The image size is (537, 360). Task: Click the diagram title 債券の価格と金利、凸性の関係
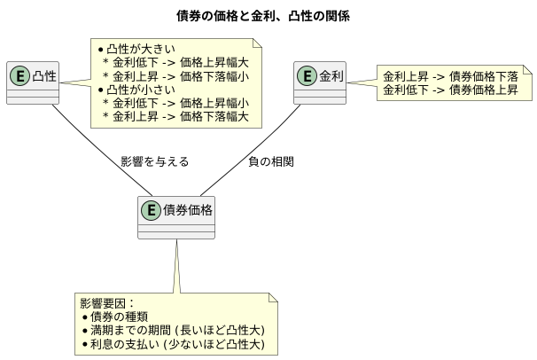pos(268,17)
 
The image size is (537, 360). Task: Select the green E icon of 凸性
pos(19,76)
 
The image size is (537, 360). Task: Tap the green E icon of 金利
pos(307,76)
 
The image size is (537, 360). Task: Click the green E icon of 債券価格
pos(151,210)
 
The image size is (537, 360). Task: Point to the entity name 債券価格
pos(187,210)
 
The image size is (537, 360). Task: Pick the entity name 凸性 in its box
pos(44,76)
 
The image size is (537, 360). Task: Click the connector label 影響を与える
pos(154,162)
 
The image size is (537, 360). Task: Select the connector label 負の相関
pos(270,162)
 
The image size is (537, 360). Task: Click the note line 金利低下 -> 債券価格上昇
pos(450,90)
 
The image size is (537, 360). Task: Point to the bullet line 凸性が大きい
pos(141,48)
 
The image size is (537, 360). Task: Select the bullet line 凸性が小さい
pos(141,89)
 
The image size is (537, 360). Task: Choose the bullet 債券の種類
pos(119,317)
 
